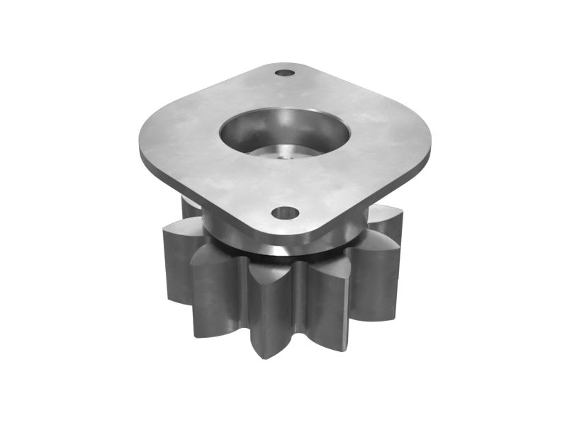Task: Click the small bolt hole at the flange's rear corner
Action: pos(285,72)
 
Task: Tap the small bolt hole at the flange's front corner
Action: pos(285,212)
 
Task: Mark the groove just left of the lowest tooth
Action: pos(245,297)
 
